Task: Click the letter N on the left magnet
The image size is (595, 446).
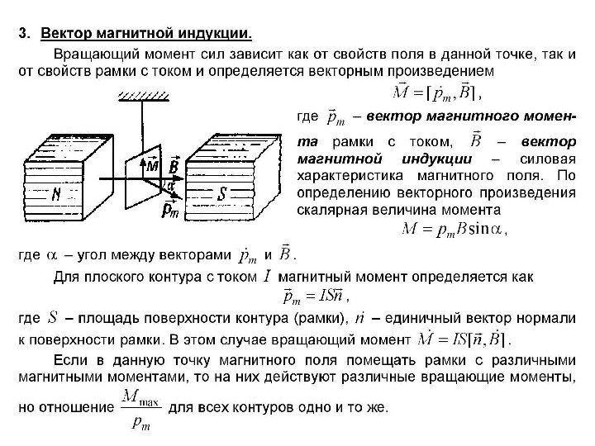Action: tap(55, 196)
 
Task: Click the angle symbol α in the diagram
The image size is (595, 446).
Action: tap(171, 186)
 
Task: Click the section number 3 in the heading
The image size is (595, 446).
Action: tap(24, 35)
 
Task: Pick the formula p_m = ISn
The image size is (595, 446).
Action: tap(315, 295)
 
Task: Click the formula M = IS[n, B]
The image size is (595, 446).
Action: tap(463, 339)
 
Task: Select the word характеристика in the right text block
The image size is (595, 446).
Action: tap(348, 176)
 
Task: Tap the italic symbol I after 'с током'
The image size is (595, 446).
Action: tap(266, 276)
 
